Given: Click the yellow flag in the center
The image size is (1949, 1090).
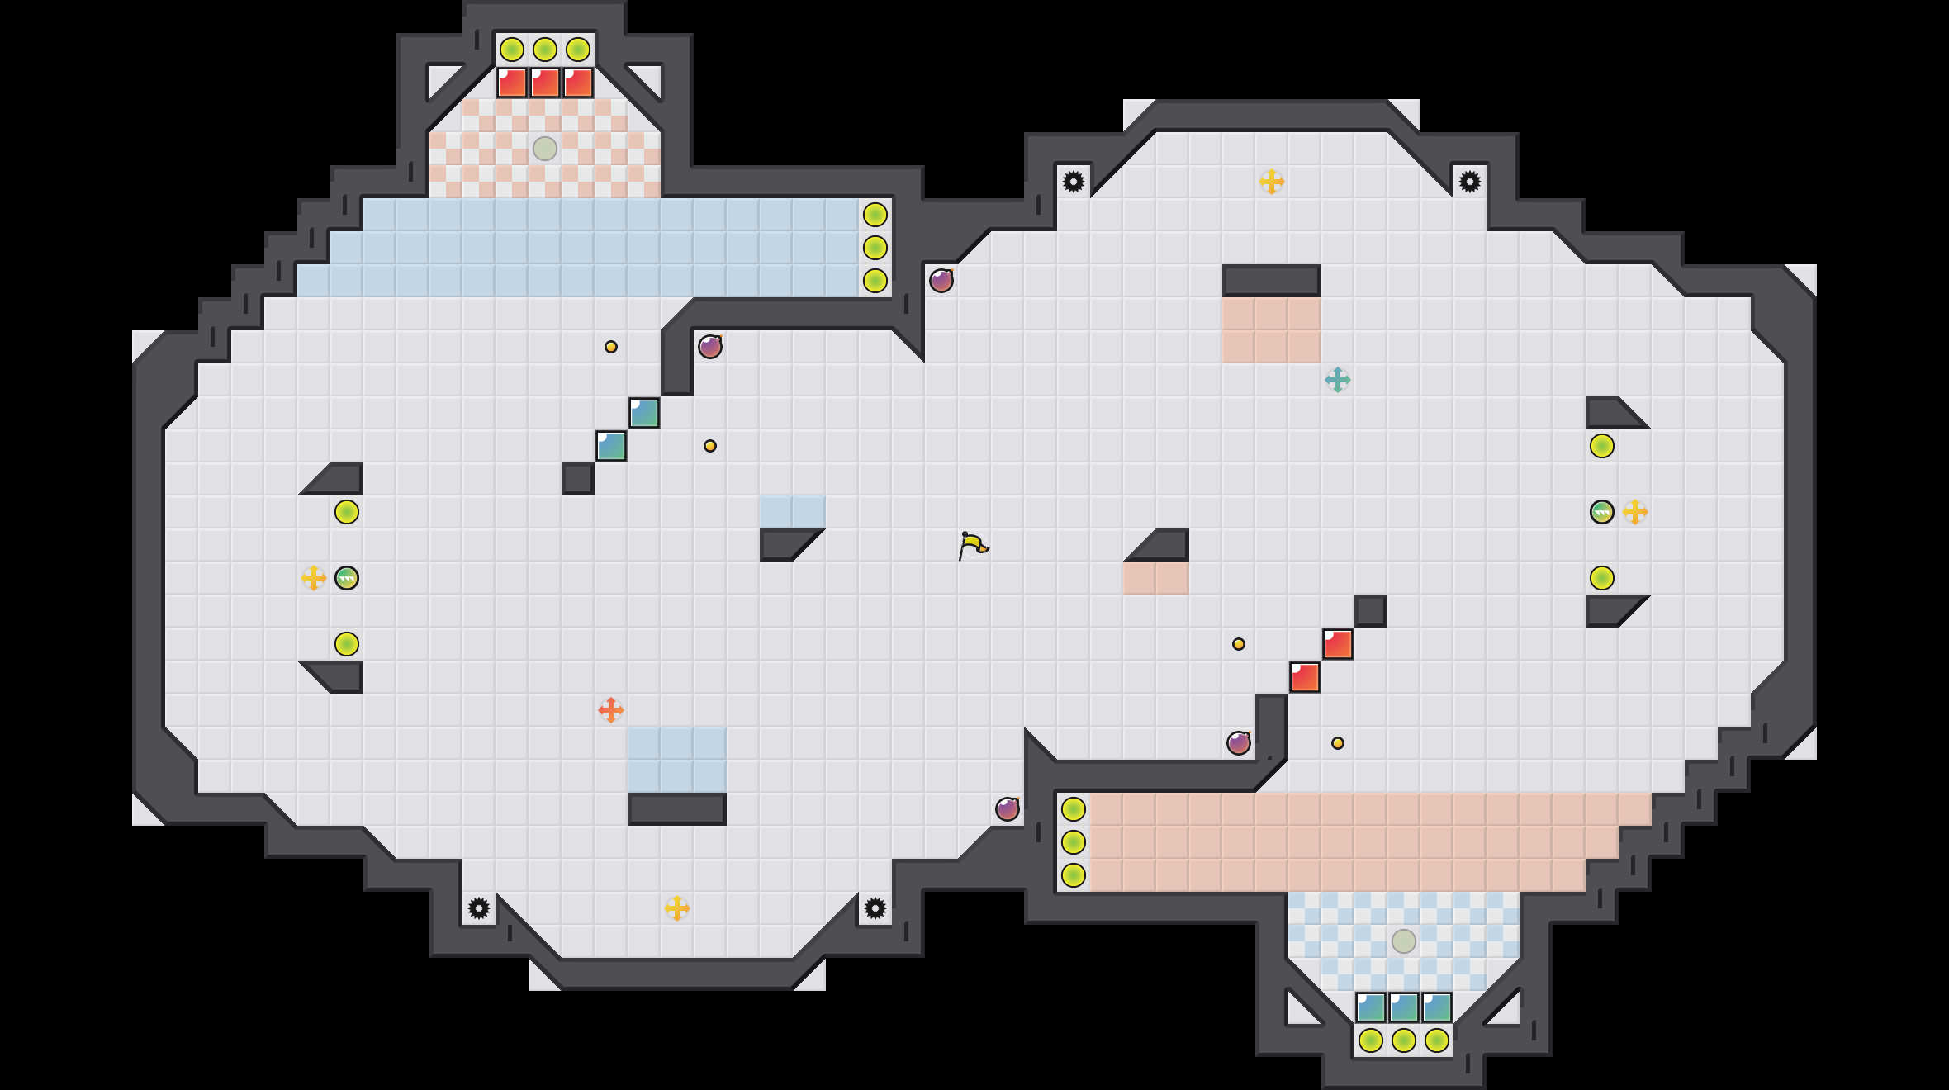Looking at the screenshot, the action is (973, 545).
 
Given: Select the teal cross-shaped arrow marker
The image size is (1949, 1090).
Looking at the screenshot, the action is (1337, 380).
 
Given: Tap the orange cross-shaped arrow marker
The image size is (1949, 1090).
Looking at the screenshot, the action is (610, 709).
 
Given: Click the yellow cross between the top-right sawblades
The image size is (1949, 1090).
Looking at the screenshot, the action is (1271, 182).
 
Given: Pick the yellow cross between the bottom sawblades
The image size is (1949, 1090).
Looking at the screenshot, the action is (676, 908).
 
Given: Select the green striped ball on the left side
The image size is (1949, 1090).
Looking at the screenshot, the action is (347, 578).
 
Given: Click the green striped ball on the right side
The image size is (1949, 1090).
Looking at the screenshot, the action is (1601, 512).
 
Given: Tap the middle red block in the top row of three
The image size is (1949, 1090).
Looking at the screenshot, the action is (545, 83).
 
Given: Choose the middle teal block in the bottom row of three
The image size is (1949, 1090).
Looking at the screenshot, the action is (1403, 1007).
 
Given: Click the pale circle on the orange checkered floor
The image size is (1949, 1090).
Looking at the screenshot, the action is (545, 149).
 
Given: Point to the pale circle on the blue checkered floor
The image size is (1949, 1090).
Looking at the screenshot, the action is (1403, 941).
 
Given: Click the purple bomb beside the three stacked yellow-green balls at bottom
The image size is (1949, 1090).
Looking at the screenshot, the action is (1007, 809).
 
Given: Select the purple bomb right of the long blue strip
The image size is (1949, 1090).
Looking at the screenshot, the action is (941, 281).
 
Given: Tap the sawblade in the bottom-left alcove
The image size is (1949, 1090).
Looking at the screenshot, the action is (479, 908).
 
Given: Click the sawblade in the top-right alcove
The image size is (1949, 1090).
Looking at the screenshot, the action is (1469, 182).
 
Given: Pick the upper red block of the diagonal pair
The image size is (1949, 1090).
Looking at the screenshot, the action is (1337, 644).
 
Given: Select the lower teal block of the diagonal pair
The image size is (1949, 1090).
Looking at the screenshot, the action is (611, 446).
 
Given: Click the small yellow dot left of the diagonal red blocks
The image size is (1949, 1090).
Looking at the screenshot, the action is (1238, 644).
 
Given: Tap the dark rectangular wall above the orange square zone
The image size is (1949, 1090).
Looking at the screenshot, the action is (1271, 281).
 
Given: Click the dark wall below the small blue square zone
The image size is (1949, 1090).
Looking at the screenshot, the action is (676, 809).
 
